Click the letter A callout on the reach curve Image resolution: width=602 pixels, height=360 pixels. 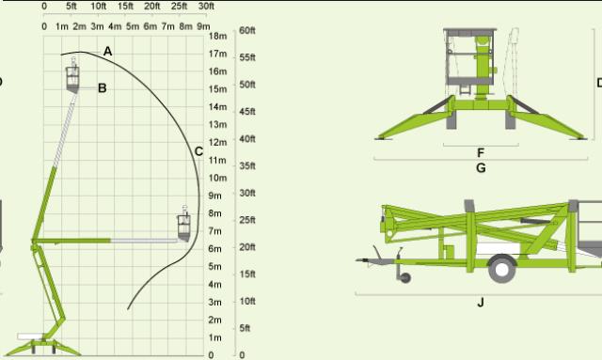107,51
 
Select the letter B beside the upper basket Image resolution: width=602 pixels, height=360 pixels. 103,88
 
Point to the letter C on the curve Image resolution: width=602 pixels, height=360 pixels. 198,151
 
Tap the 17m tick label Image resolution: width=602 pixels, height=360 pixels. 217,54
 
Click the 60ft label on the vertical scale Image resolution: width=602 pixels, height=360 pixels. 246,30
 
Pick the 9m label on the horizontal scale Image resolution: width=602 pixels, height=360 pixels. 203,26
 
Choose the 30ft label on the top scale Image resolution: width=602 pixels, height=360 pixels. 206,7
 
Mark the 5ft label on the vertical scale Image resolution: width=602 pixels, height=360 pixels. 245,328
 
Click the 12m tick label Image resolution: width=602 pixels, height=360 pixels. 217,142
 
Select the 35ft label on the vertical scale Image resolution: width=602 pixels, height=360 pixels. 246,165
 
